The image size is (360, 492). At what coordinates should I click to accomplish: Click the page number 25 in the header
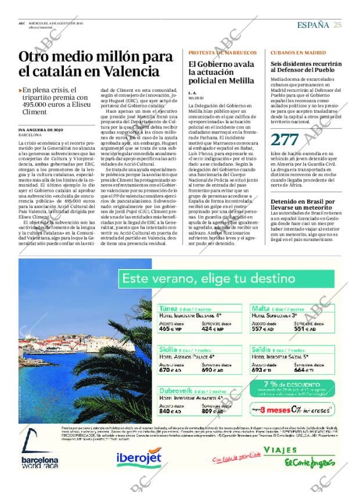click(x=337, y=24)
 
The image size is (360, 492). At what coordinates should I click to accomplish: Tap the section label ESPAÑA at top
click(x=313, y=24)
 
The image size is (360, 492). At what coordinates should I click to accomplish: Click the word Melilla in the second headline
click(x=240, y=81)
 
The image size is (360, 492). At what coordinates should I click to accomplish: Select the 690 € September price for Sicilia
click(x=212, y=369)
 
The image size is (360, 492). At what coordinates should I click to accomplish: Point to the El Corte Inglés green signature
click(x=309, y=464)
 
